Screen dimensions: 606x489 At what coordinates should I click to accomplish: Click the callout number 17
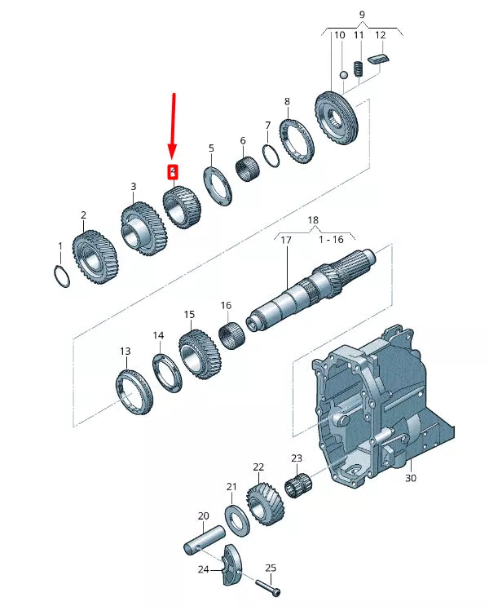click(286, 241)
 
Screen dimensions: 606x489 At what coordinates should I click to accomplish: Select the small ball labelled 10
click(344, 75)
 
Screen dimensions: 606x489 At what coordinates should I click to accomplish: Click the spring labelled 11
click(358, 69)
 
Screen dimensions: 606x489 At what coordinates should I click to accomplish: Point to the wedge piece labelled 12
click(380, 59)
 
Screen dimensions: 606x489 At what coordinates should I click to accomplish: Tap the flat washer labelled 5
click(218, 186)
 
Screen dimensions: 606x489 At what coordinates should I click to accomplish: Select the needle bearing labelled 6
click(248, 170)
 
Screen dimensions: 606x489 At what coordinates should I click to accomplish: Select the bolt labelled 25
click(270, 584)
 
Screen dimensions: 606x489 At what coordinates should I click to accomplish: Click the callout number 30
click(410, 478)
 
